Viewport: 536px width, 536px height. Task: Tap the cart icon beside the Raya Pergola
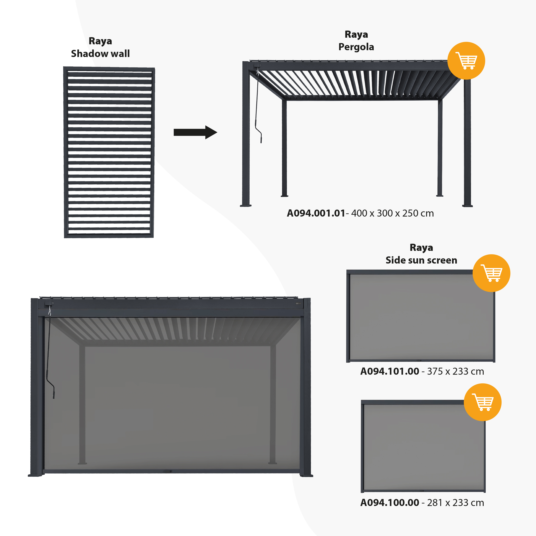(466, 61)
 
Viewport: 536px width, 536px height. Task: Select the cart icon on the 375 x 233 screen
(491, 273)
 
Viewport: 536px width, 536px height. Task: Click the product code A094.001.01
(316, 213)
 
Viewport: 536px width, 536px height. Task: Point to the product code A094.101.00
(389, 371)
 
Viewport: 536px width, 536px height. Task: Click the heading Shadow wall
(100, 54)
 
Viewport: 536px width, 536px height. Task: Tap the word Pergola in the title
(356, 47)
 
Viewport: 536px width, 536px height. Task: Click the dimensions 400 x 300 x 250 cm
(392, 213)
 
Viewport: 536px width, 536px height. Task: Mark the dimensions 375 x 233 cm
(455, 371)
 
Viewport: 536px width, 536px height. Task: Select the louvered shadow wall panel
(109, 152)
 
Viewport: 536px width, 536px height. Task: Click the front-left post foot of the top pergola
(245, 205)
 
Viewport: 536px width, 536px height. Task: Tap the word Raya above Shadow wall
(100, 41)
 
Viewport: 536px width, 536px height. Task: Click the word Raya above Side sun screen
(421, 247)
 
